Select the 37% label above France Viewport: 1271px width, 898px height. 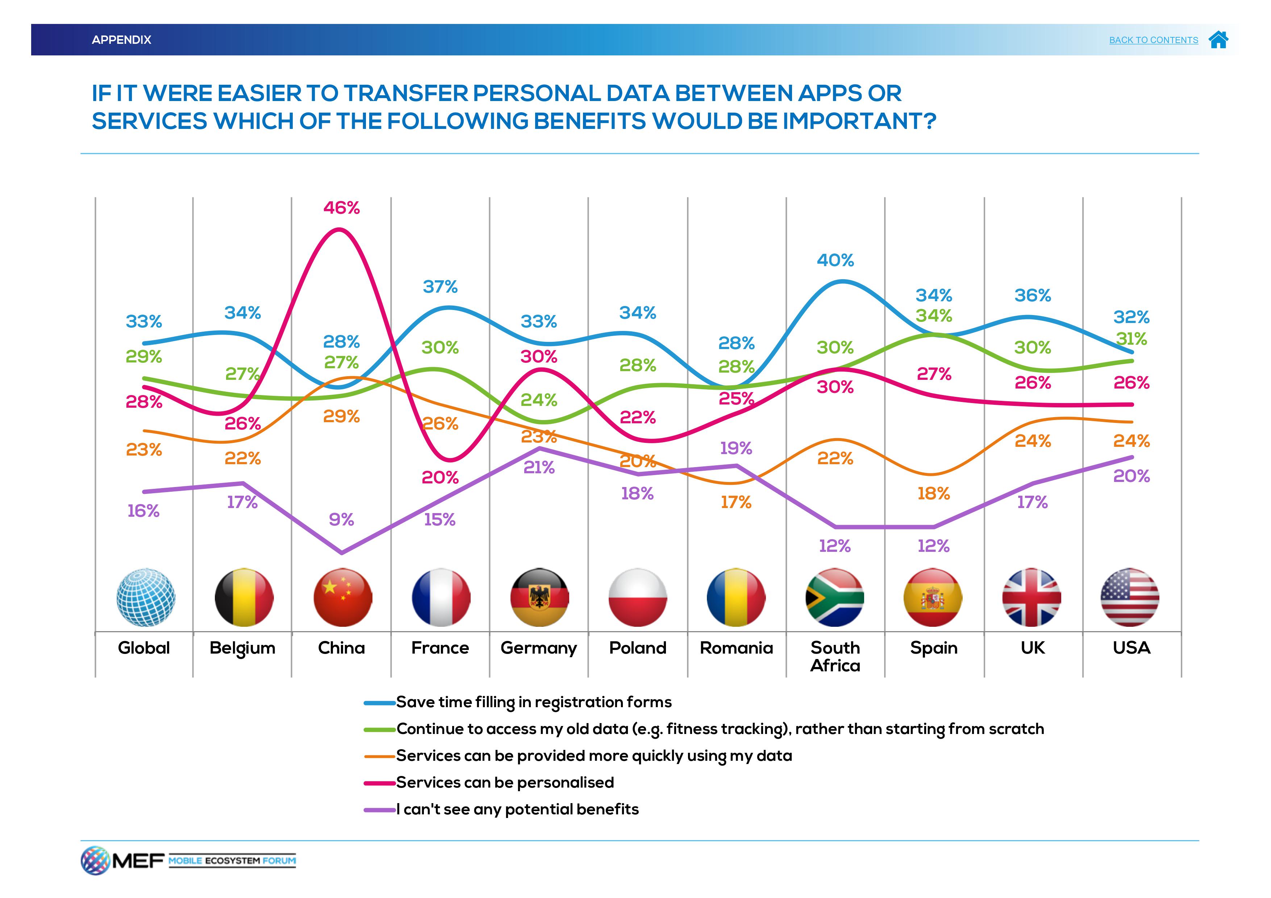(440, 287)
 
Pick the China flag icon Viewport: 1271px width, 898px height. (342, 597)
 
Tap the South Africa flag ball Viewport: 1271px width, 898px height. (834, 597)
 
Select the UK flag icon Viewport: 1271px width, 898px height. (1031, 597)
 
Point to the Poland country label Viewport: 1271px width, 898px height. (637, 648)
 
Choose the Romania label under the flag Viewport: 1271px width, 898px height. (736, 648)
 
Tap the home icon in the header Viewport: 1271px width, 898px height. (1218, 40)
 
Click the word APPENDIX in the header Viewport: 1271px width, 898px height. (121, 40)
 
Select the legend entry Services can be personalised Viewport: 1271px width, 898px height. (504, 782)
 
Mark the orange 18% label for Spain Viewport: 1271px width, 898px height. (933, 494)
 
